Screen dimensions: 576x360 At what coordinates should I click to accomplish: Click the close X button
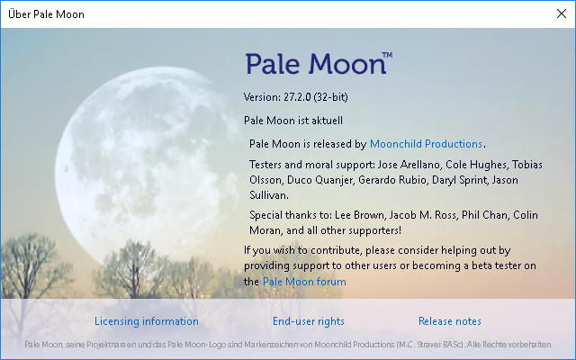point(562,14)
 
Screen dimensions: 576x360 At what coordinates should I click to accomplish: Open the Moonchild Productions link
point(426,144)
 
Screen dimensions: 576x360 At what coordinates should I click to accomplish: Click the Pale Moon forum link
point(304,282)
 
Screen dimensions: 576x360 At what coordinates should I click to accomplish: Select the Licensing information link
point(147,321)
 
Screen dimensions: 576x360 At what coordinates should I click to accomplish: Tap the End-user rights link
point(309,321)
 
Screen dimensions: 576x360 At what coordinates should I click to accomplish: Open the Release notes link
point(450,321)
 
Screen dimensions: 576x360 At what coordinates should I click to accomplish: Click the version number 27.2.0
point(297,97)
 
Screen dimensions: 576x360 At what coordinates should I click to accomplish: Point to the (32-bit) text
point(330,97)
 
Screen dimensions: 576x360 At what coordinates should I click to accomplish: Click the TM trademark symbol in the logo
point(387,55)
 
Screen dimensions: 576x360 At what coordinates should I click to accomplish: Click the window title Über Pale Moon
point(46,14)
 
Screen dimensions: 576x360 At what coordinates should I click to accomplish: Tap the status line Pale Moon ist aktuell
point(293,121)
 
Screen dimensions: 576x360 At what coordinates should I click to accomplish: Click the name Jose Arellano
point(409,164)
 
